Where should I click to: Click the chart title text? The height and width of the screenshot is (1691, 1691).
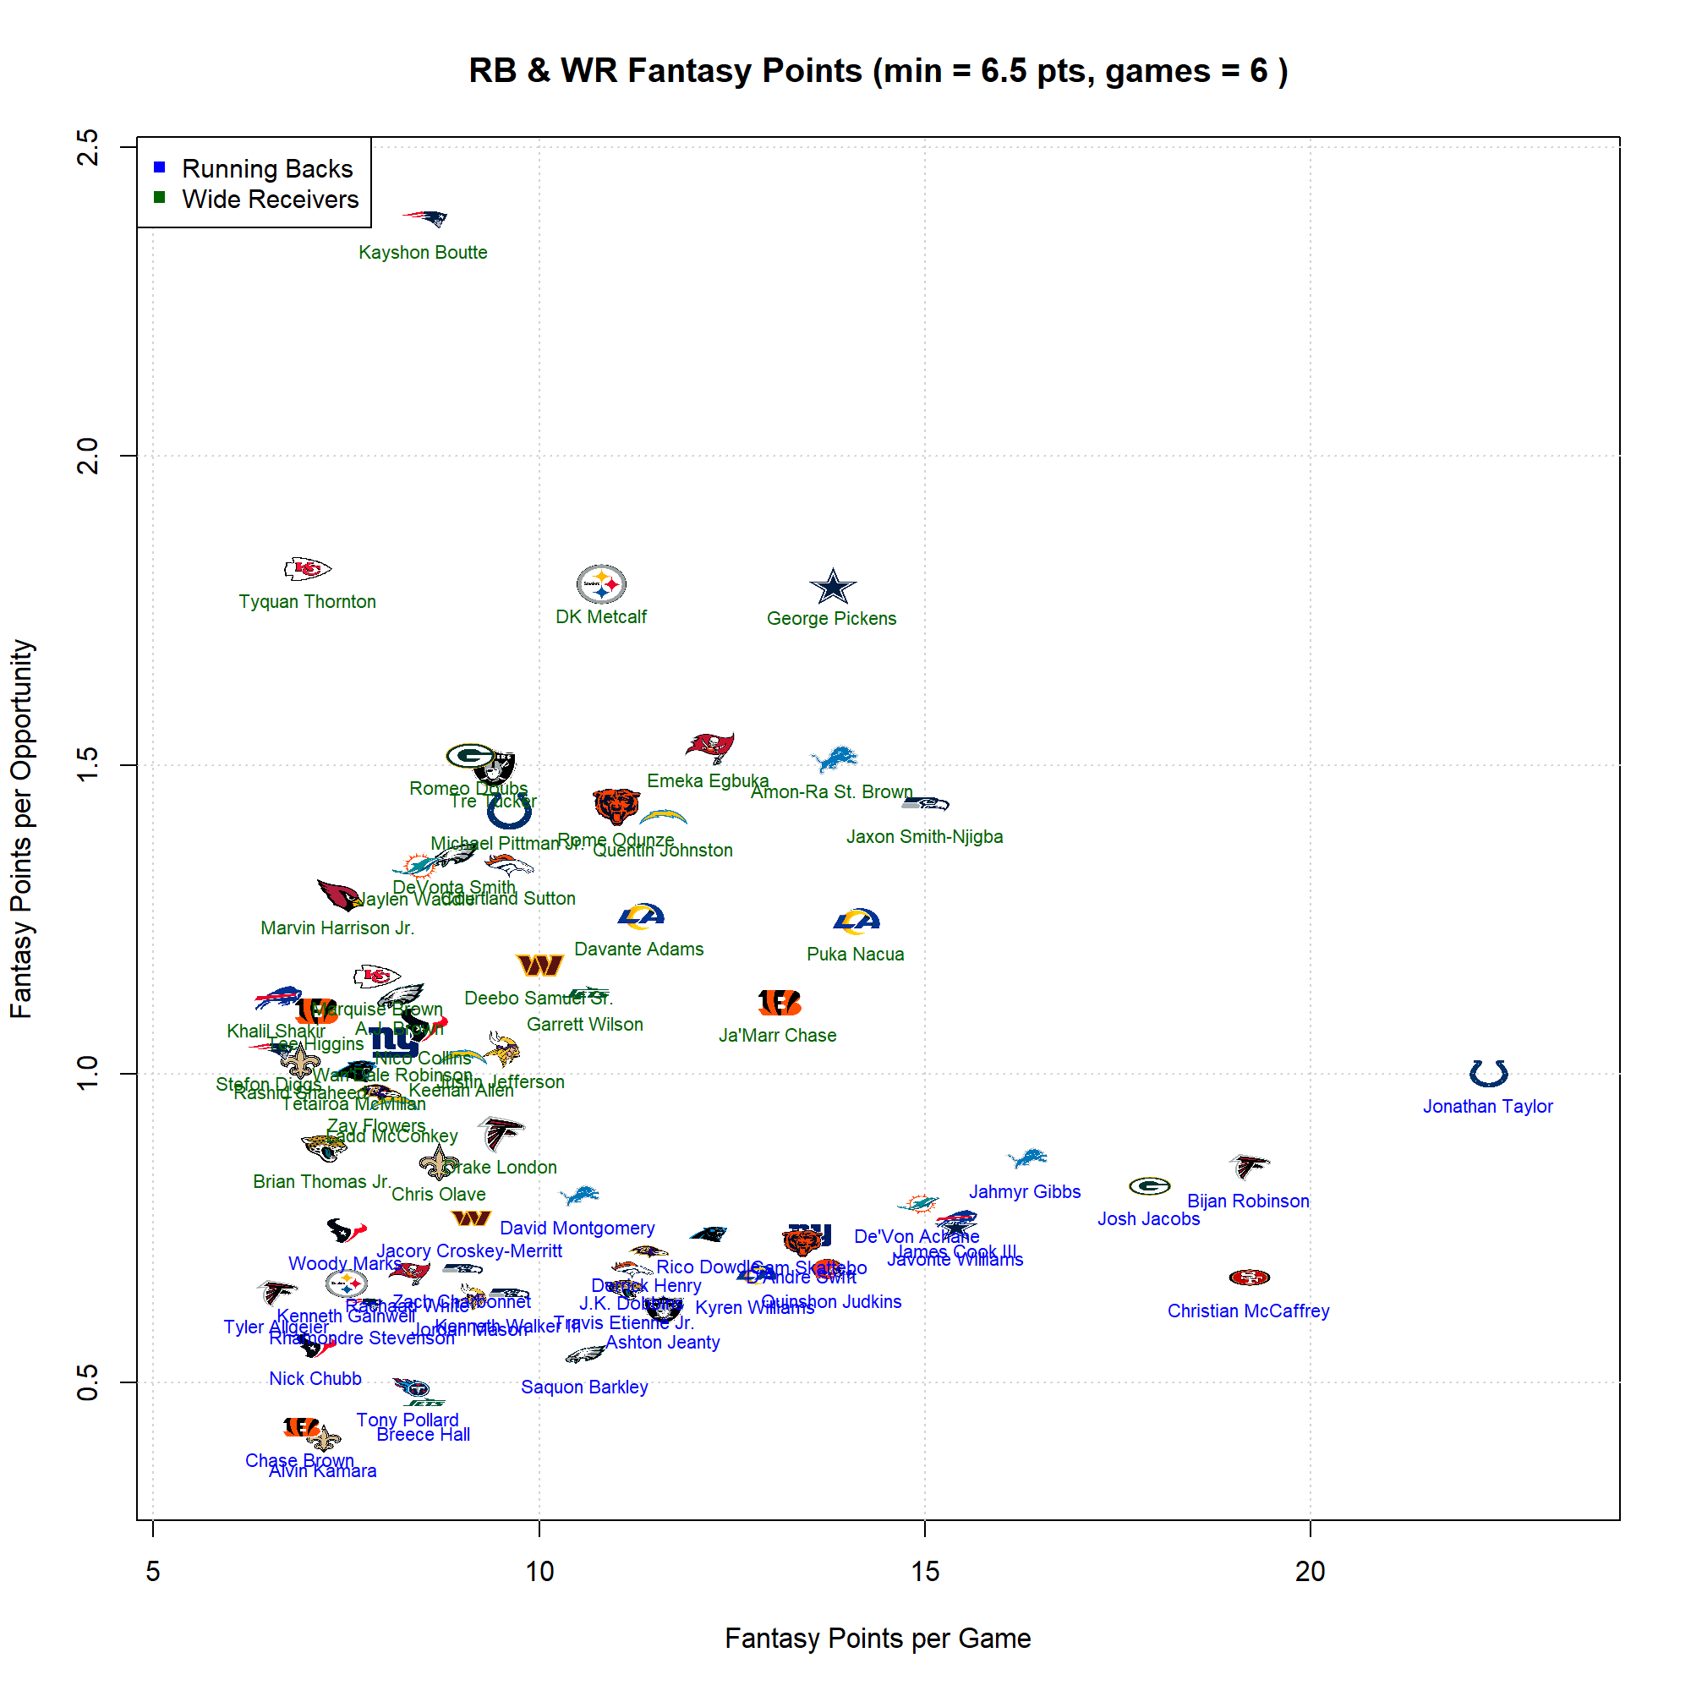coord(877,71)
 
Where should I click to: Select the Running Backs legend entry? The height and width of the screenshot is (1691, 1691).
coord(266,168)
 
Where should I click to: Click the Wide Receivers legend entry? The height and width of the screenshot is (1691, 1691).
coord(270,200)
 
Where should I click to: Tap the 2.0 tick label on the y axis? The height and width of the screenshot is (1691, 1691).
coord(88,455)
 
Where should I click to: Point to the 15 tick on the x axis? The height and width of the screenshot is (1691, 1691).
coord(924,1572)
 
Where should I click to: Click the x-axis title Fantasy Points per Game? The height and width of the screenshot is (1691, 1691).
coord(877,1639)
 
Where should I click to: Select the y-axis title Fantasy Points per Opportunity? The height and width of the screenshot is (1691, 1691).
coord(21,828)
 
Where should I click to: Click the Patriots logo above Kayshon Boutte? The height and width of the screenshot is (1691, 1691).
coord(425,218)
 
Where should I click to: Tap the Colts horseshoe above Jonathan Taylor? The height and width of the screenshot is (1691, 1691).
coord(1488,1072)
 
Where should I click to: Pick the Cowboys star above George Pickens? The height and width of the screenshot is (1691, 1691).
coord(832,588)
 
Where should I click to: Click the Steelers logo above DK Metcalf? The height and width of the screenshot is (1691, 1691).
coord(601,583)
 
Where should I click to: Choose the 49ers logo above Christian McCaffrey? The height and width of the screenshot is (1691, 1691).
coord(1249,1277)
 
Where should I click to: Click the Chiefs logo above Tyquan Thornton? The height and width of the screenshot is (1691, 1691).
coord(307,569)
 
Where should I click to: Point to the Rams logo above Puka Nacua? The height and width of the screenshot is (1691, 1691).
coord(856,921)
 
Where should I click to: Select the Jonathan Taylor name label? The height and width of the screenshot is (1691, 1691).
coord(1487,1106)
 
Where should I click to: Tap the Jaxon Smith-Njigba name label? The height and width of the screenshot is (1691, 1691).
coord(924,837)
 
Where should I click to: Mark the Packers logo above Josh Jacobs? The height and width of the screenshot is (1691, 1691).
coord(1149,1186)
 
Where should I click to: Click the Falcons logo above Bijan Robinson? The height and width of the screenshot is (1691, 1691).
coord(1248,1166)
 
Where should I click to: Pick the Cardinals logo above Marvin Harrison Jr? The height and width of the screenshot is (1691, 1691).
coord(338,895)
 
